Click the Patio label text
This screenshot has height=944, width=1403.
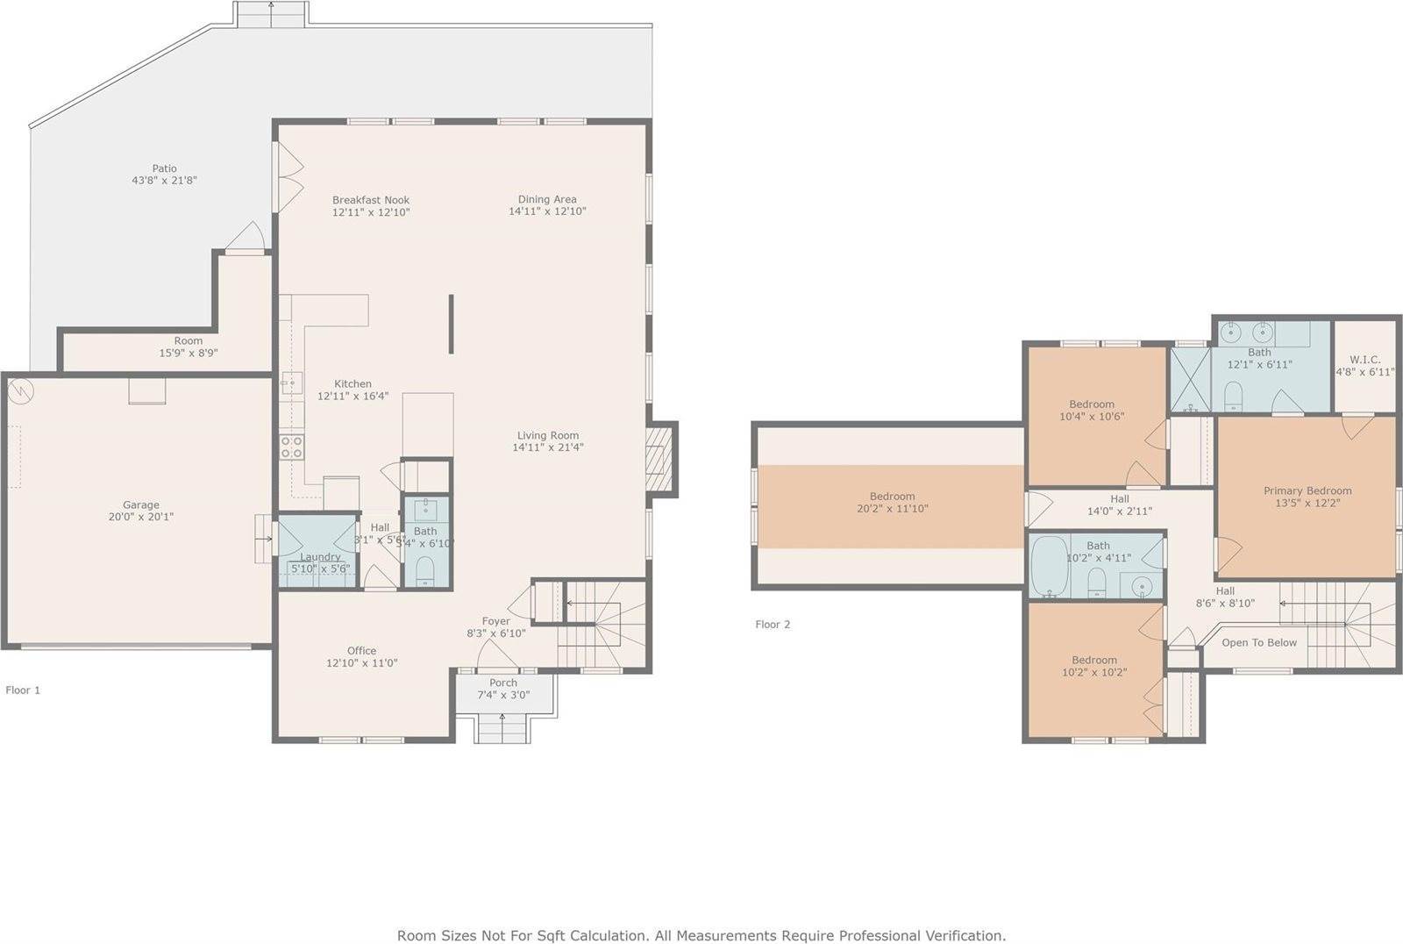[164, 168]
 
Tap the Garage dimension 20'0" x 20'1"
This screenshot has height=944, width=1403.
[140, 517]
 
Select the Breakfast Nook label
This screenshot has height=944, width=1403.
[370, 200]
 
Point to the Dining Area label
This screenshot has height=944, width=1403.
[546, 199]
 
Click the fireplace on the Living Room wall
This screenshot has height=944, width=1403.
[659, 459]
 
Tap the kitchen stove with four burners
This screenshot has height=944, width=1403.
[291, 447]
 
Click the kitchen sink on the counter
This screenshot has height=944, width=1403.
[292, 383]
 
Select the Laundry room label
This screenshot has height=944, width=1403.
[320, 556]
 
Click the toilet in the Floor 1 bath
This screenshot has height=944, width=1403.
[424, 571]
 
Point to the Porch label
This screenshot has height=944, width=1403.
[503, 683]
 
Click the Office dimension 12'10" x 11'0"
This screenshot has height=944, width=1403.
[361, 663]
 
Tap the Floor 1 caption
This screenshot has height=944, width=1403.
[23, 690]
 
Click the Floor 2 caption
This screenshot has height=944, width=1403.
[773, 625]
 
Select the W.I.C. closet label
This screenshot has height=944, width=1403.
[1364, 360]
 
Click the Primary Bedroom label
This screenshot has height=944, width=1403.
[1307, 490]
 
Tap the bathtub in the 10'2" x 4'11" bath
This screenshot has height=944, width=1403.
[1045, 566]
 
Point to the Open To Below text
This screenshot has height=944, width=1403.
[1258, 643]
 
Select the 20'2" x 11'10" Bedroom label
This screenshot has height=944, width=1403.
[892, 497]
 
